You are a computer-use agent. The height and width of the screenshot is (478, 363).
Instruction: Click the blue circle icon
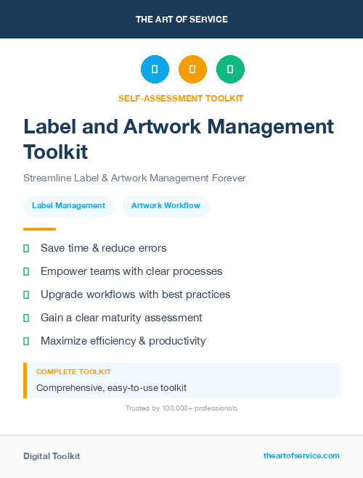(155, 70)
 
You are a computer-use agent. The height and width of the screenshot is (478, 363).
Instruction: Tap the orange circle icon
(192, 70)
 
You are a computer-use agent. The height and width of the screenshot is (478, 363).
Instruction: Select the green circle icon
(230, 70)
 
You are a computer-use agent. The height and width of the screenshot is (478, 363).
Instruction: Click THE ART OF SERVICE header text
(181, 20)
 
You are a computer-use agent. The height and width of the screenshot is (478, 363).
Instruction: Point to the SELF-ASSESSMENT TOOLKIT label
(181, 98)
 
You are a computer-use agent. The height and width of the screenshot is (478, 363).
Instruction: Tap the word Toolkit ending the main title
(56, 152)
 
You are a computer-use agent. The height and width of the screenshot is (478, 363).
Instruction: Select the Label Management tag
(68, 206)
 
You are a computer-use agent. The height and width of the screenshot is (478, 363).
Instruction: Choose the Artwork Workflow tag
(166, 206)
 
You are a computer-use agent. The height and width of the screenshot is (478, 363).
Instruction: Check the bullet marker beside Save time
(26, 248)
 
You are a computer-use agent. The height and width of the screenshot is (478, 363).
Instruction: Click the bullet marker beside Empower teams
(26, 271)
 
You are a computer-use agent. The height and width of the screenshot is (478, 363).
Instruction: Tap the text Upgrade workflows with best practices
(135, 294)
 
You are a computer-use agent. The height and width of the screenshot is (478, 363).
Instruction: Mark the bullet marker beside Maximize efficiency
(26, 341)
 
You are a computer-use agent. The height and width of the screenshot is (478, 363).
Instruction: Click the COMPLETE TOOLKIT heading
(73, 371)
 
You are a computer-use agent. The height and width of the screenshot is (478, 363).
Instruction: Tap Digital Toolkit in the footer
(52, 456)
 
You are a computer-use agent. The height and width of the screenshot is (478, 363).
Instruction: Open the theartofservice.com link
(301, 456)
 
